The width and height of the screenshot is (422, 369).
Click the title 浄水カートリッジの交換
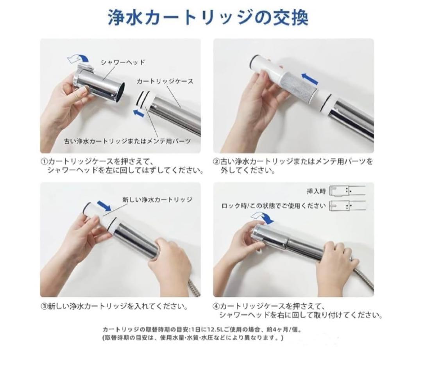[x=208, y=18]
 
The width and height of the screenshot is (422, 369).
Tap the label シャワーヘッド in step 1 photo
[x=123, y=62]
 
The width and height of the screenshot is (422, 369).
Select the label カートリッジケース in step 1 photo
[x=165, y=81]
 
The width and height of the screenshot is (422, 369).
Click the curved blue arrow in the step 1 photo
[x=78, y=58]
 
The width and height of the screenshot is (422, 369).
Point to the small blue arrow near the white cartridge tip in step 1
[x=139, y=113]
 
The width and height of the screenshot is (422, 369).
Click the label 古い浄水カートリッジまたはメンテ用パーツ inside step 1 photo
[x=127, y=141]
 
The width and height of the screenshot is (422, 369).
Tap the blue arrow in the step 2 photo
[x=310, y=79]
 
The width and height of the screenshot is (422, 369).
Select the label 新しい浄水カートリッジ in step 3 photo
[x=157, y=200]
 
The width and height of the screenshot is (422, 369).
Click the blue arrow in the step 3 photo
[x=104, y=206]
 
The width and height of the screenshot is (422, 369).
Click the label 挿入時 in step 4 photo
[x=316, y=191]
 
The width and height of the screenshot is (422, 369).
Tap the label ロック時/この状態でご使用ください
[x=274, y=206]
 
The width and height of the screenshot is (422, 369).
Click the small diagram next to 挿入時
[x=347, y=191]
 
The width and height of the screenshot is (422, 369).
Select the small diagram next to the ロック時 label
[x=347, y=206]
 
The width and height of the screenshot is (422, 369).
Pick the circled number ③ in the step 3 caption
[x=44, y=307]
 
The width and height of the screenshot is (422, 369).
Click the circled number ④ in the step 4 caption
[x=216, y=307]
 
